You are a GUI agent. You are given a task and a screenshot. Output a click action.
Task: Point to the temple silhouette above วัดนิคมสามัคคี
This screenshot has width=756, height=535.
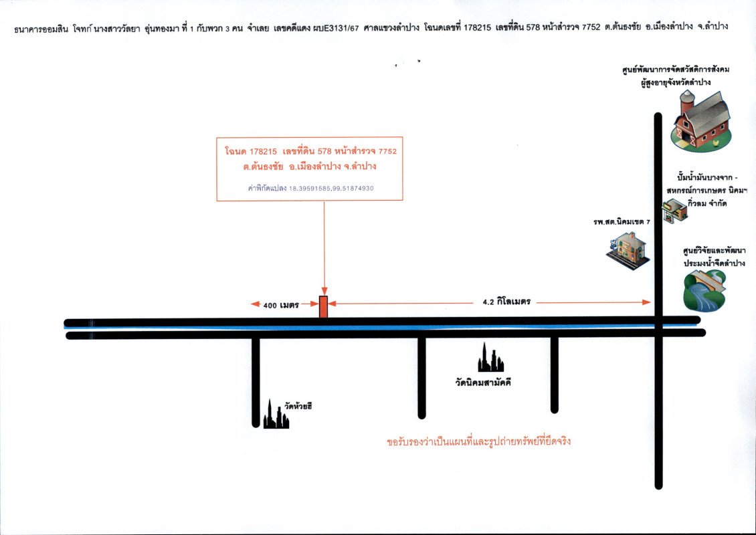click(x=490, y=358)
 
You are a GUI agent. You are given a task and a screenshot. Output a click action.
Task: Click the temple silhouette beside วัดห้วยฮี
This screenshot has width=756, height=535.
click(x=275, y=415)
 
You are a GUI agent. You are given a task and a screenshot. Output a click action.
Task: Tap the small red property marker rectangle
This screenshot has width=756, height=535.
click(x=324, y=307)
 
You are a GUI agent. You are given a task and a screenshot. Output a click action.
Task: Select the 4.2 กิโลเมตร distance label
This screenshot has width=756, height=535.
click(x=506, y=302)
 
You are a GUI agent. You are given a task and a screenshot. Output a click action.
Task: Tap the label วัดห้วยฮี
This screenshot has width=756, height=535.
click(x=299, y=406)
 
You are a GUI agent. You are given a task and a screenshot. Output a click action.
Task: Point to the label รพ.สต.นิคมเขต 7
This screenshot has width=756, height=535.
click(x=622, y=221)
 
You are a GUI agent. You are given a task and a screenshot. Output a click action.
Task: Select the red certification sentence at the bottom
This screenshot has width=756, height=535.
click(x=478, y=442)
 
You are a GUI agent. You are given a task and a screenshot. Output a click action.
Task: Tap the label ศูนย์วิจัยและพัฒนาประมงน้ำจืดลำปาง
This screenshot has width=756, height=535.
click(x=714, y=257)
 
